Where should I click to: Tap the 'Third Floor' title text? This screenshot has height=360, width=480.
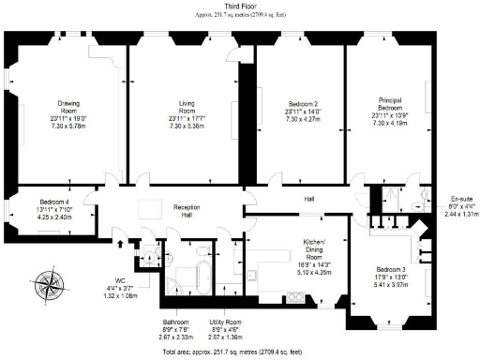pyautogui.click(x=240, y=6)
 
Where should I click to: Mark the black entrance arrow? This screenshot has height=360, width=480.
pyautogui.click(x=120, y=244)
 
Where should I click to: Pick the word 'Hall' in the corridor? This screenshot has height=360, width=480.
pyautogui.click(x=308, y=200)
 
